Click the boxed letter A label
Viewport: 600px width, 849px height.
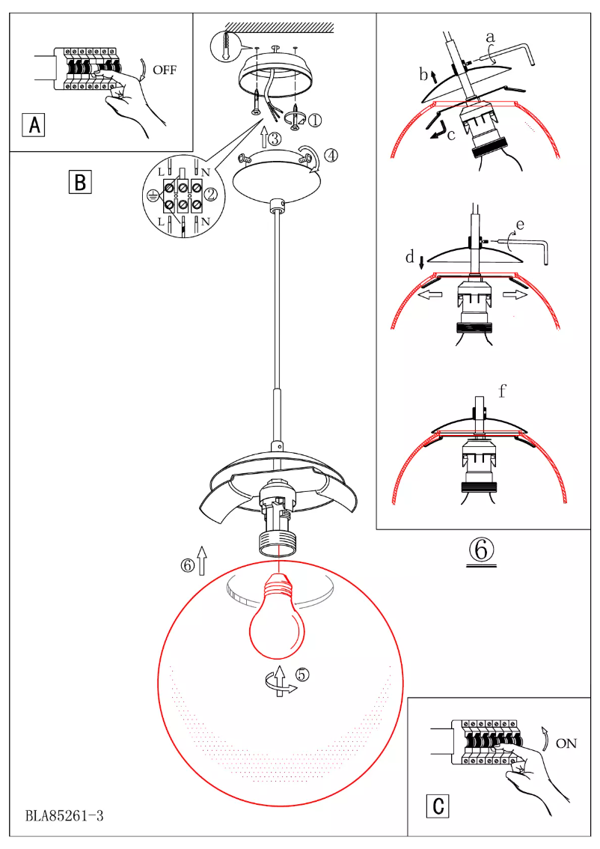pyautogui.click(x=34, y=125)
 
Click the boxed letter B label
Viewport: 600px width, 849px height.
pyautogui.click(x=79, y=182)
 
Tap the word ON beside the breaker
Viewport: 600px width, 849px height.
pyautogui.click(x=566, y=743)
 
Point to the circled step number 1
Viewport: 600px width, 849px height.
pyautogui.click(x=315, y=119)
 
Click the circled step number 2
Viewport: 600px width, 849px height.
pyautogui.click(x=211, y=195)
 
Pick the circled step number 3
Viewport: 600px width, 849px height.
pyautogui.click(x=275, y=138)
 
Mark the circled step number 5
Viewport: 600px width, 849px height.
pyautogui.click(x=301, y=674)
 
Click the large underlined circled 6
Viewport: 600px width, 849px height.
pyautogui.click(x=481, y=550)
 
